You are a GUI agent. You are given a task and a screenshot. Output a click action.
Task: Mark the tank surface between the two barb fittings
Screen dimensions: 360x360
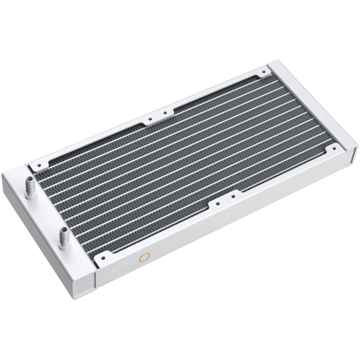point(49,211)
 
